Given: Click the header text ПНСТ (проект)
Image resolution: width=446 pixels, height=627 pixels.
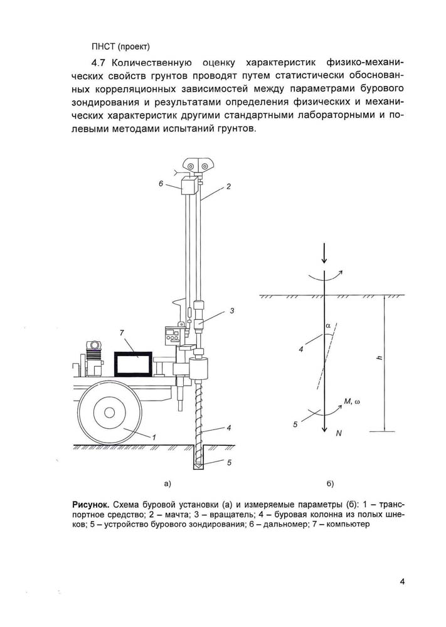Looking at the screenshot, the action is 120,47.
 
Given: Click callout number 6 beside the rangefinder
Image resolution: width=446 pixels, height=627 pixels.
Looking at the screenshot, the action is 161,184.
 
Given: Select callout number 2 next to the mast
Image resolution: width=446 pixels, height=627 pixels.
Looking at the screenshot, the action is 228,186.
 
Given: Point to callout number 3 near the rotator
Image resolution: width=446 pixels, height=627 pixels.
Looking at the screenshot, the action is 231,310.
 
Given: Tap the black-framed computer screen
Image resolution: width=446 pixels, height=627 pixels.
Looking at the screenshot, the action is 133,364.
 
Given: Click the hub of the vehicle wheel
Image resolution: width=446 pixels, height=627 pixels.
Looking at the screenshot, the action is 108,412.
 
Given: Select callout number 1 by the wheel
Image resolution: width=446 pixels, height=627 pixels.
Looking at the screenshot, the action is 154,437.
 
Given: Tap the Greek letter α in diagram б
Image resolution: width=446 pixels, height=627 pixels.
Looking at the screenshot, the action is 327,326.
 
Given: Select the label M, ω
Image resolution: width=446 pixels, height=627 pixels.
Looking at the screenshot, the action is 352,401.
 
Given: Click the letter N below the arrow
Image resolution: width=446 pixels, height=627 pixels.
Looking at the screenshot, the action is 339,433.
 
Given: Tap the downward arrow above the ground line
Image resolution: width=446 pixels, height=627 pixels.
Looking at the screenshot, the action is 324,253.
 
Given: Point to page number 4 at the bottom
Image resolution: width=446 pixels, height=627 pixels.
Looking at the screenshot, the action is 402,581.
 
